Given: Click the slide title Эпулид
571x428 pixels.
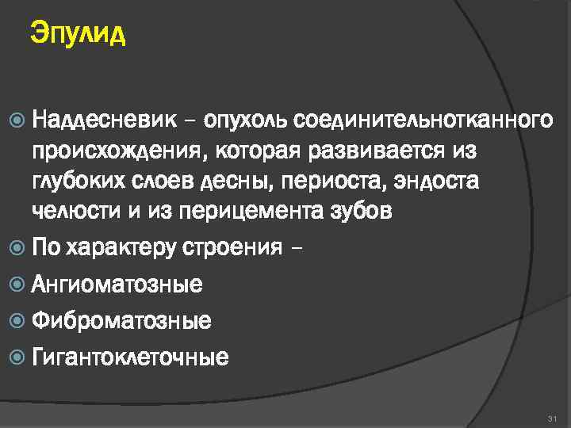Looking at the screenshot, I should [78, 34].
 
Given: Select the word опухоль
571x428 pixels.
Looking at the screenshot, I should [247, 120].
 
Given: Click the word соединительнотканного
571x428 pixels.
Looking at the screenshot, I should [423, 120].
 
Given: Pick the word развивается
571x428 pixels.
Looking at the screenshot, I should [373, 151].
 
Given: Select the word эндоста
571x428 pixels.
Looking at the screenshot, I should [439, 181].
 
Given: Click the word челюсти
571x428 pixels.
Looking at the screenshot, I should [73, 211].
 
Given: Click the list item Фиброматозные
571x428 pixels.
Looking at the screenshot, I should [121, 321].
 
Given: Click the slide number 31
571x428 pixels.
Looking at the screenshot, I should [553, 417].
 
